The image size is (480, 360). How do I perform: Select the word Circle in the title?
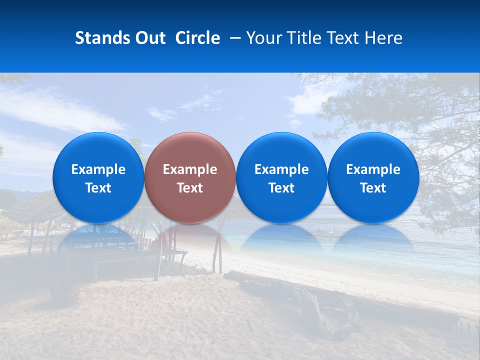pyautogui.click(x=197, y=38)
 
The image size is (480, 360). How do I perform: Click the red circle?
pyautogui.click(x=190, y=150)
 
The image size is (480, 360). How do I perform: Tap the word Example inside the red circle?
pyautogui.click(x=190, y=169)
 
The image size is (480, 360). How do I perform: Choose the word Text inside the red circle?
pyautogui.click(x=190, y=188)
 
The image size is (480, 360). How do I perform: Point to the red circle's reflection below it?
pyautogui.click(x=190, y=235)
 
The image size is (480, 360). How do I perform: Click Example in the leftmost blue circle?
pyautogui.click(x=98, y=169)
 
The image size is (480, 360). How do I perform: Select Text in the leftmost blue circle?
pyautogui.click(x=98, y=188)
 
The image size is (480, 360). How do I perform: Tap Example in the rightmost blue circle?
pyautogui.click(x=373, y=169)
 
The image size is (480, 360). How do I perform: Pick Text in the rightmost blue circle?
pyautogui.click(x=373, y=188)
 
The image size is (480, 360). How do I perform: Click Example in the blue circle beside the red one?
pyautogui.click(x=281, y=169)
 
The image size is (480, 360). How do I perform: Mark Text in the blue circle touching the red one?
pyautogui.click(x=281, y=188)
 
